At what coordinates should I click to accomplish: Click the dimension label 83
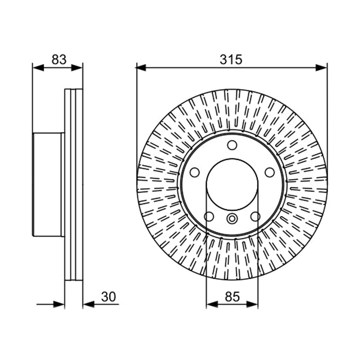[59, 59]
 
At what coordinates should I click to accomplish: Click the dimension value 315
[231, 59]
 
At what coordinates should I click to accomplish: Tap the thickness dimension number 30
[109, 296]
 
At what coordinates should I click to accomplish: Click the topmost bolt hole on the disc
[232, 145]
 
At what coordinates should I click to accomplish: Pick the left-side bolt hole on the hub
[195, 172]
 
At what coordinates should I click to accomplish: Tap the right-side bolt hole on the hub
[270, 172]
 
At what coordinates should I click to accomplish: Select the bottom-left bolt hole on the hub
[209, 217]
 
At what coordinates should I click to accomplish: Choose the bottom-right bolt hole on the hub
[255, 217]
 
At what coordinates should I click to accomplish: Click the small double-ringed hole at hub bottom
[232, 219]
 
